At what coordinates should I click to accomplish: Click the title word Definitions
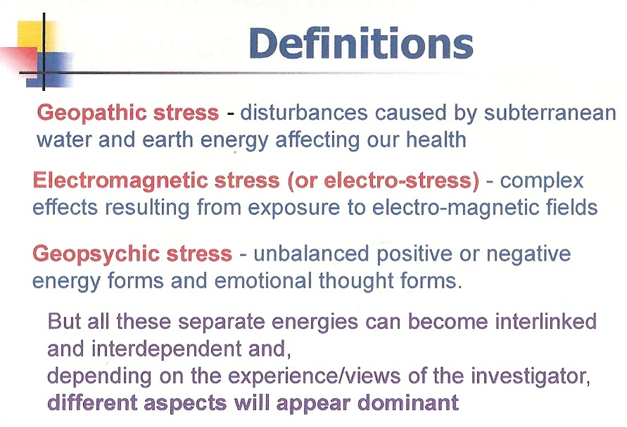coord(361,43)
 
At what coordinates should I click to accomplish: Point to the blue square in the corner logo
coord(49,70)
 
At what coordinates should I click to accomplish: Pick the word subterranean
coord(550,113)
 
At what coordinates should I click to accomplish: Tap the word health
coord(436,140)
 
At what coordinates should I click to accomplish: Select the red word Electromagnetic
coord(120,181)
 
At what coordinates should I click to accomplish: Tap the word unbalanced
coord(311,254)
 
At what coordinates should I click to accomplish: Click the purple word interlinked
coord(545,321)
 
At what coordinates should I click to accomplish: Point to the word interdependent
coord(166,349)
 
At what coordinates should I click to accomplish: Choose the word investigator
coord(530,376)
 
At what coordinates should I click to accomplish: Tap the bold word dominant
coord(408,402)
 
